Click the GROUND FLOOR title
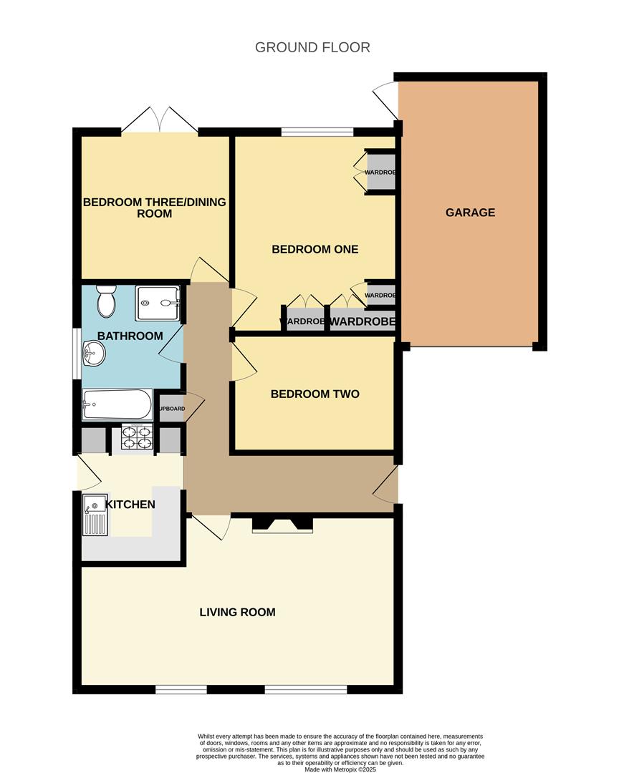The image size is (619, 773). point(312,48)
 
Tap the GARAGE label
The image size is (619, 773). point(470,213)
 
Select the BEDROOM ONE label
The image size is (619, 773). point(315,250)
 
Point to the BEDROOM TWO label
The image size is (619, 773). point(315,394)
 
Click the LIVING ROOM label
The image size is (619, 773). point(237,613)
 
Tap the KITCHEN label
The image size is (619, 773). point(130,505)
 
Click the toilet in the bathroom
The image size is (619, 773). point(106,301)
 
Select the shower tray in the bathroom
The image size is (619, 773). point(157,303)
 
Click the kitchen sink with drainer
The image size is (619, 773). point(95,515)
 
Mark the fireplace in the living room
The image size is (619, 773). point(282,525)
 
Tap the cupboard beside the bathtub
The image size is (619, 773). point(171,409)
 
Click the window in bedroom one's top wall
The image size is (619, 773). point(316,132)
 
